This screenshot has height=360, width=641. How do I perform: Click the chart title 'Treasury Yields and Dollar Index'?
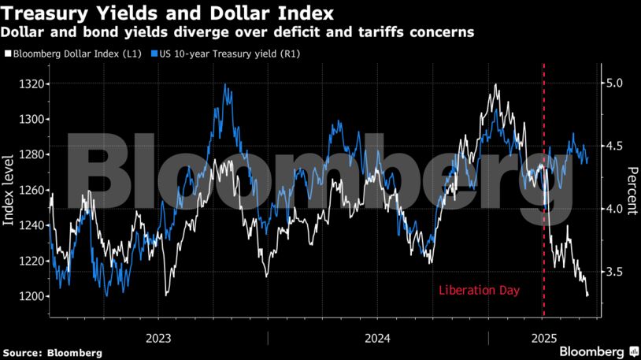click(168, 13)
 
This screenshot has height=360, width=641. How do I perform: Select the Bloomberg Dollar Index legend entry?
click(72, 54)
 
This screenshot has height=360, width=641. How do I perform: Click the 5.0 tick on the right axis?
click(614, 83)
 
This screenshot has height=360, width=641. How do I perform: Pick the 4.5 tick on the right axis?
click(614, 146)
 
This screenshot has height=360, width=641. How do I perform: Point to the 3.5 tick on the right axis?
click(614, 272)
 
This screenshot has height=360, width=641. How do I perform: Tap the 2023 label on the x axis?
click(159, 338)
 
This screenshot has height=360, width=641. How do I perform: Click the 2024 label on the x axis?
click(377, 338)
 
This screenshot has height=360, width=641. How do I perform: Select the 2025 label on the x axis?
click(545, 338)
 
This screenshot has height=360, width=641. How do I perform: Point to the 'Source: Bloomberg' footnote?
click(52, 352)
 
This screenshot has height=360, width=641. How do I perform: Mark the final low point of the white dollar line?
click(588, 295)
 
